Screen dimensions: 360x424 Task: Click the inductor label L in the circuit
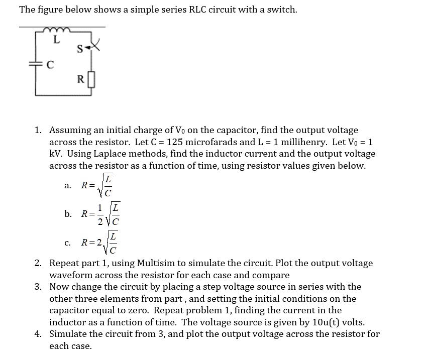point(57,41)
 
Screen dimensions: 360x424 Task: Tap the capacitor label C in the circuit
point(50,65)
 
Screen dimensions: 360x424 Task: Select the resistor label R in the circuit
point(80,79)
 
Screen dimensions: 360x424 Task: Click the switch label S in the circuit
point(79,49)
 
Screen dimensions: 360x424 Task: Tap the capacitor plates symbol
point(36,64)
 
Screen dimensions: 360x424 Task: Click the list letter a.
point(68,185)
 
